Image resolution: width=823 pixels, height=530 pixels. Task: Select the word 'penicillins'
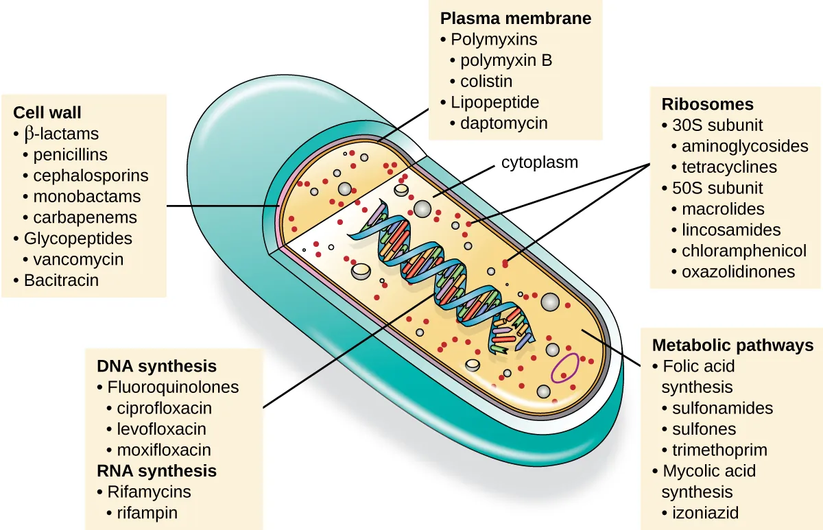(x=70, y=154)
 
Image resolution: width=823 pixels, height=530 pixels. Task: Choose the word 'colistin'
(x=486, y=81)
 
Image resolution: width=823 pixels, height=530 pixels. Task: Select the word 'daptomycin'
(x=503, y=123)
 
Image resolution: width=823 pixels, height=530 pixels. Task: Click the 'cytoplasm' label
(x=540, y=162)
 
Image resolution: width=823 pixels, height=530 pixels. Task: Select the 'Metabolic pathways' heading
(x=732, y=346)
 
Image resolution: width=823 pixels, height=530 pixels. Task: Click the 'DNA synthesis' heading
(x=156, y=365)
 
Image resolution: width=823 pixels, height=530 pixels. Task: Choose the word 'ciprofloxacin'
(x=164, y=408)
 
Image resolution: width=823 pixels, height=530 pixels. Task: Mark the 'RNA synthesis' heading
(x=156, y=471)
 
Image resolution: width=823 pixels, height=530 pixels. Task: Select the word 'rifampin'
(x=147, y=513)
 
